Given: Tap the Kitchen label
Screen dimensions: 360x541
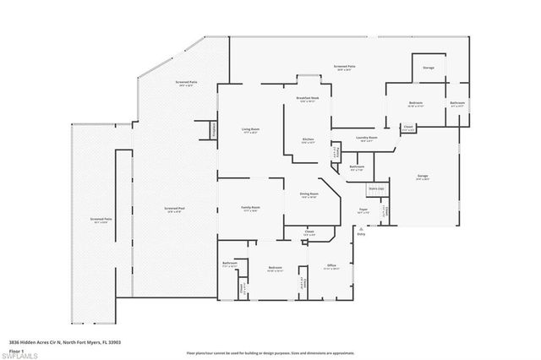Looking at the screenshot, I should click(x=309, y=139).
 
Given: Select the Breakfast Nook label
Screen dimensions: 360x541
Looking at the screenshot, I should click(x=308, y=99).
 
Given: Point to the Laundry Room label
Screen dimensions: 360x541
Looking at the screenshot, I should click(x=366, y=138).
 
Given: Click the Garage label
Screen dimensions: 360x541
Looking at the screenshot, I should click(x=422, y=177).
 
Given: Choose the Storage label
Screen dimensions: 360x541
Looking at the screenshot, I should click(x=429, y=67).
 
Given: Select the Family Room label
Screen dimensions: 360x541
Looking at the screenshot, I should click(x=251, y=207).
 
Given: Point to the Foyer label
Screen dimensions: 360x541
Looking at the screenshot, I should click(x=363, y=207).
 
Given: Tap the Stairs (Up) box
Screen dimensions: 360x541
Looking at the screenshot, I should click(x=376, y=188).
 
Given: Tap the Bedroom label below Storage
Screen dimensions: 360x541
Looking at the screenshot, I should click(x=415, y=103).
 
